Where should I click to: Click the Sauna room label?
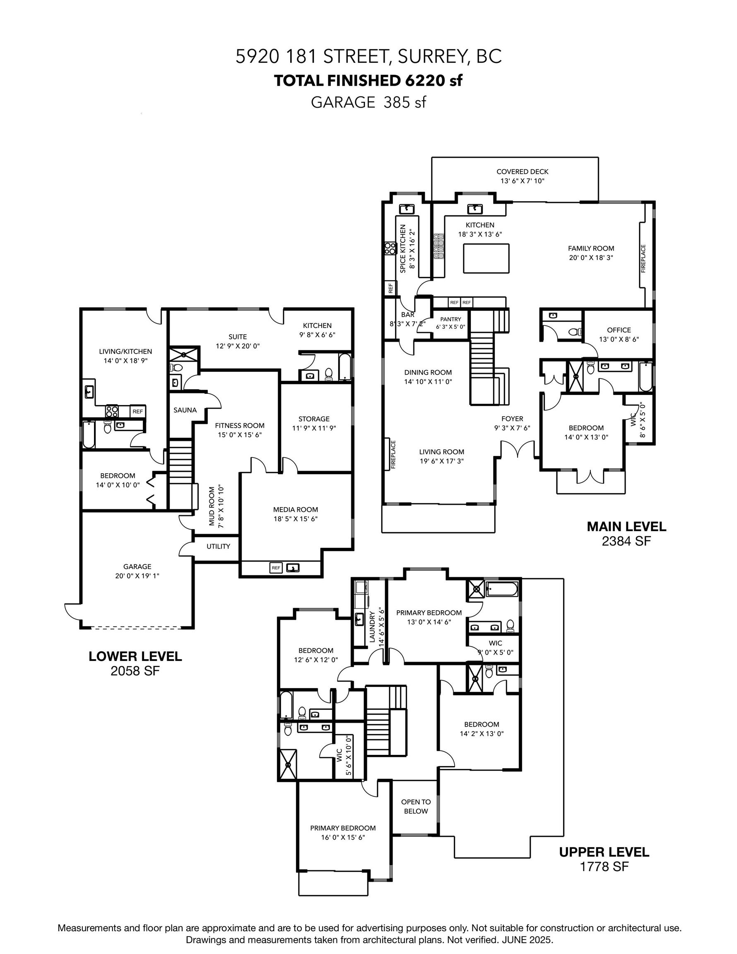tap(185, 410)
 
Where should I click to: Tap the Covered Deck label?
tap(522, 172)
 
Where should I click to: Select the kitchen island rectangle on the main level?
tap(486, 258)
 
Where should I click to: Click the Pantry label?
tap(450, 319)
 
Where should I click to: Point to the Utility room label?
tap(218, 547)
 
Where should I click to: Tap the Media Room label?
tap(295, 509)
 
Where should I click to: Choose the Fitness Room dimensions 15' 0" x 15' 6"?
tap(239, 435)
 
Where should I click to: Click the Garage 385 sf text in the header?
tap(368, 102)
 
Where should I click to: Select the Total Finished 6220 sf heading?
tap(368, 80)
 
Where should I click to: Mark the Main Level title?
tap(626, 526)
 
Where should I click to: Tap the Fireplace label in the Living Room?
tap(393, 455)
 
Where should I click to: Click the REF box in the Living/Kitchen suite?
tap(137, 411)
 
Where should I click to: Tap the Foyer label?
tap(512, 419)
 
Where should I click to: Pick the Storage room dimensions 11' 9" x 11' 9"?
tap(314, 428)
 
